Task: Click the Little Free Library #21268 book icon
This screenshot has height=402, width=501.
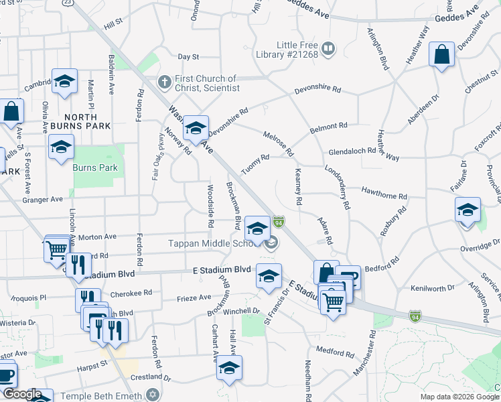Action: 328,48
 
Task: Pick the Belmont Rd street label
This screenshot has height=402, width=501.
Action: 328,125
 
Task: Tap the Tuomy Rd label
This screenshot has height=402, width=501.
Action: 255,162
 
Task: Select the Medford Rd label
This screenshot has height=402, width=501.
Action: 334,350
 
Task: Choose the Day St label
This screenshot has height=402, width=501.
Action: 188,58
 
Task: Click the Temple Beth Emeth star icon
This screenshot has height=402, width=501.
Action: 153,393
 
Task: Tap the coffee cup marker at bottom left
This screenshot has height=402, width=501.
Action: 5,375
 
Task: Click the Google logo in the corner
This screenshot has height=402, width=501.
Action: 21,395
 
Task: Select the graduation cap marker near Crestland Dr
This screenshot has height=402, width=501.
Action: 229,368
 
